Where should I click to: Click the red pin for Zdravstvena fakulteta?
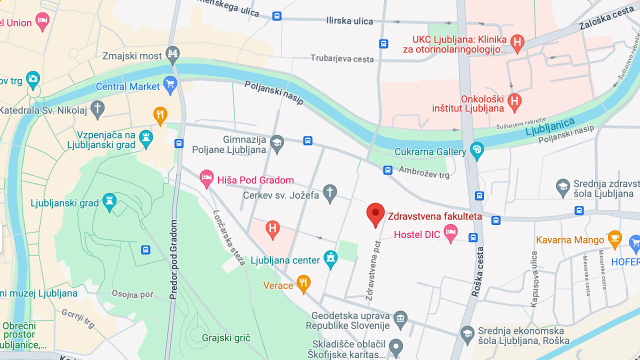[x=375, y=214]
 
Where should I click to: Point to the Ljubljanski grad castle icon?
[x=109, y=201]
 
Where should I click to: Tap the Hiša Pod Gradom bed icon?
[x=206, y=178]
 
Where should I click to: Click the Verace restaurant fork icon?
[x=303, y=283]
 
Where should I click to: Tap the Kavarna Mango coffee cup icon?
[x=614, y=238]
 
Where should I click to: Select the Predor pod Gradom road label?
[x=174, y=260]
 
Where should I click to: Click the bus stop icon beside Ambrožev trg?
[x=387, y=170]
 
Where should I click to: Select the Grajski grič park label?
[x=226, y=338]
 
